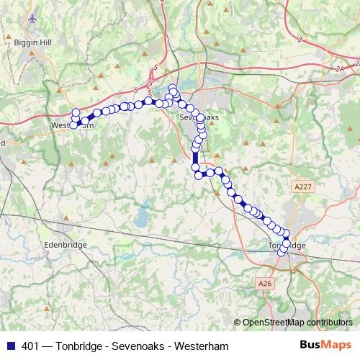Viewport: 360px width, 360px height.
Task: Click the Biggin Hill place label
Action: click(x=29, y=42)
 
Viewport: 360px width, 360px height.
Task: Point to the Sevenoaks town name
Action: click(x=197, y=116)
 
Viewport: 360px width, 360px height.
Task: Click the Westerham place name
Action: click(x=73, y=125)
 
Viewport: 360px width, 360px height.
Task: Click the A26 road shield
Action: click(x=265, y=284)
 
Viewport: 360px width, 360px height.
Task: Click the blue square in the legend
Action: click(x=11, y=346)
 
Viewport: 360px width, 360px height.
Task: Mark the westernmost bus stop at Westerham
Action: click(x=73, y=125)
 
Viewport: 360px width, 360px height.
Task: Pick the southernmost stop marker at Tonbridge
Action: click(x=282, y=252)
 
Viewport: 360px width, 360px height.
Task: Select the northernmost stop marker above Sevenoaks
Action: click(x=173, y=89)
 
